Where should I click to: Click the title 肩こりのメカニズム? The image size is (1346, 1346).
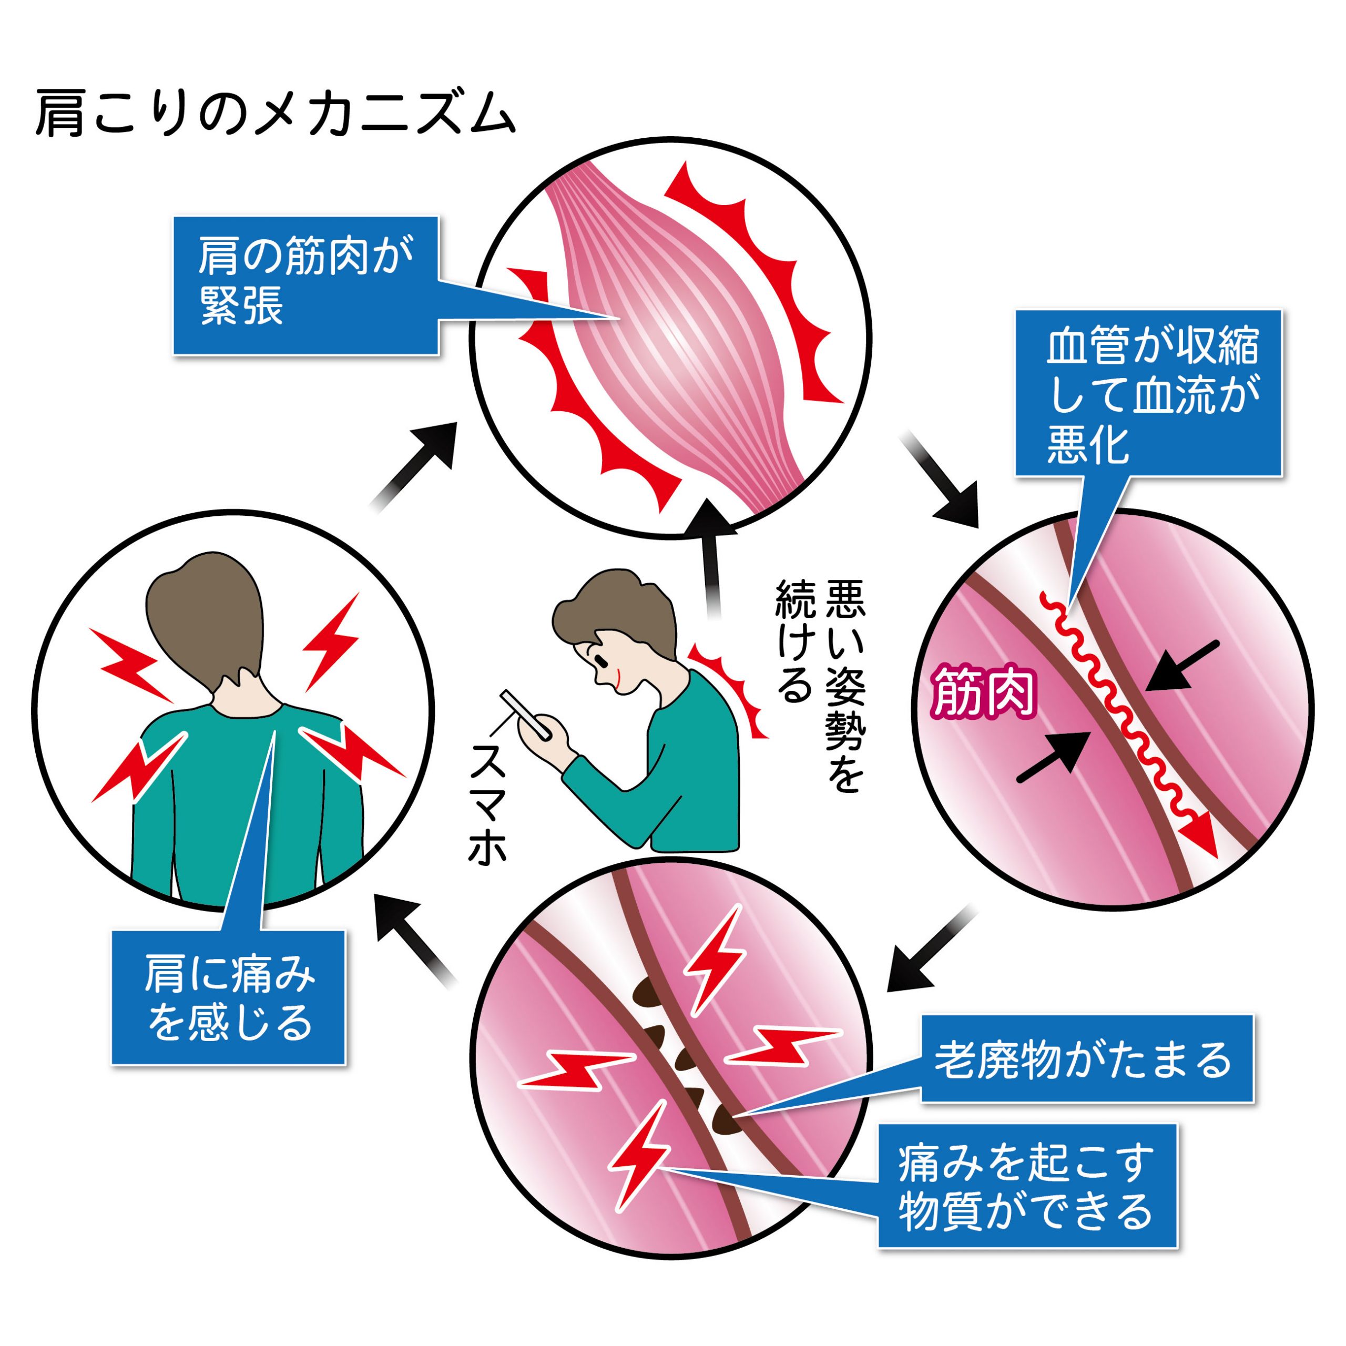275,112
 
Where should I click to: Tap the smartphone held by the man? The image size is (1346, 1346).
526,714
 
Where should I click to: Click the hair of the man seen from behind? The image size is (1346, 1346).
206,613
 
